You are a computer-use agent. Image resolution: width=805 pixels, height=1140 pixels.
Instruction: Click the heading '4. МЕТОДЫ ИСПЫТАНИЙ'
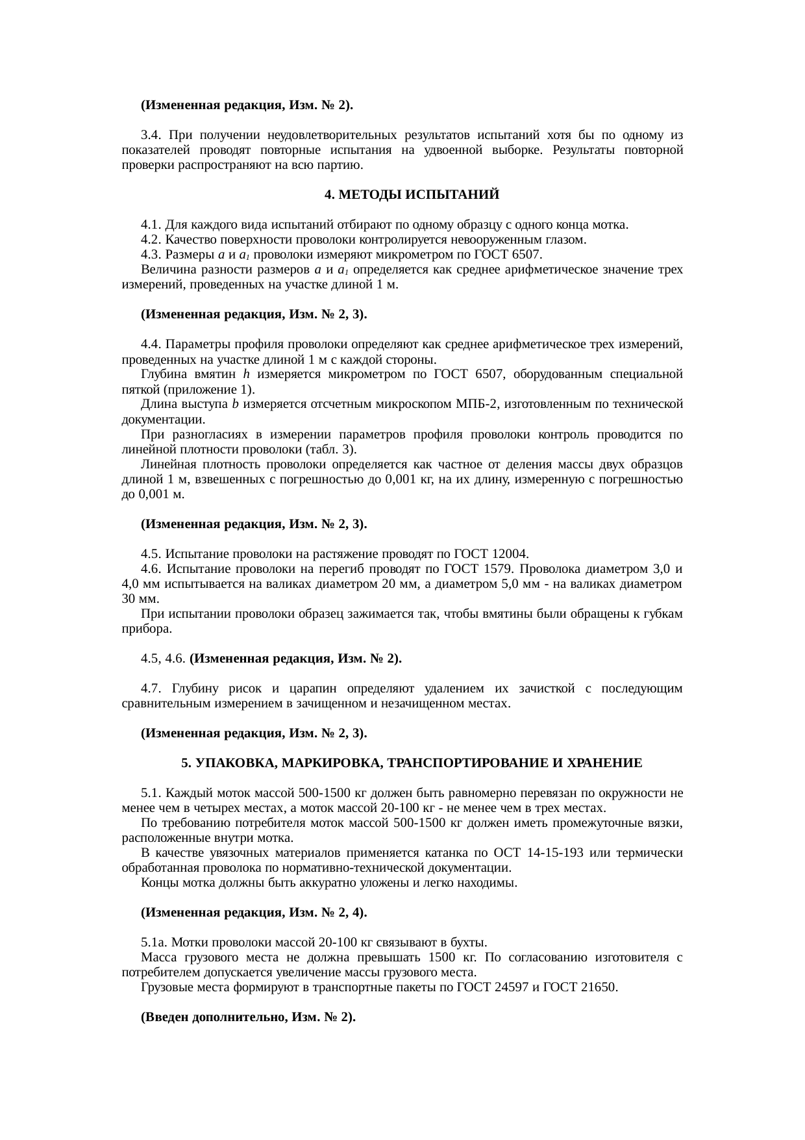[412, 195]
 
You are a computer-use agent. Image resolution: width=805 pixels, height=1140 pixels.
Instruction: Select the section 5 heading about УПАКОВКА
[412, 763]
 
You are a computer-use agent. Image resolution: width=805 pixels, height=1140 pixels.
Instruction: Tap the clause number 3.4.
[150, 135]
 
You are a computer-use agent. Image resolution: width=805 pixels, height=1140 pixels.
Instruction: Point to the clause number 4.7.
[150, 689]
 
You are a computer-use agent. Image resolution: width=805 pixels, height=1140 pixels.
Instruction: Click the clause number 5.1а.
[153, 943]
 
